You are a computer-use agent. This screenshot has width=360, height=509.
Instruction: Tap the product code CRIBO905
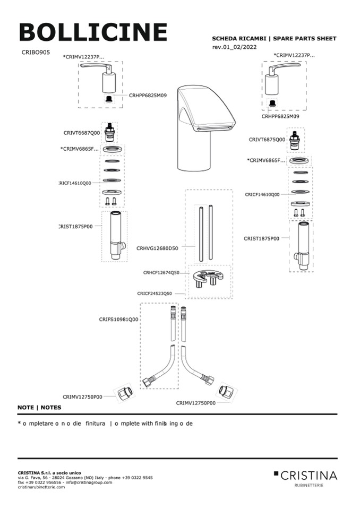pyautogui.click(x=36, y=53)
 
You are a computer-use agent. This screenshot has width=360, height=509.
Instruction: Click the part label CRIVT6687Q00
pyautogui.click(x=81, y=133)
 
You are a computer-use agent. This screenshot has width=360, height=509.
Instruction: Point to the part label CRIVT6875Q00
pyautogui.click(x=267, y=140)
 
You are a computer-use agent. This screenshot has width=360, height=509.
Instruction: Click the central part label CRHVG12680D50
pyautogui.click(x=157, y=248)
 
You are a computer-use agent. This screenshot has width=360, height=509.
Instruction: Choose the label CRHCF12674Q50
pyautogui.click(x=161, y=272)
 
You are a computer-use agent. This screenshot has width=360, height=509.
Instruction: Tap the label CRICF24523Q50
pyautogui.click(x=155, y=293)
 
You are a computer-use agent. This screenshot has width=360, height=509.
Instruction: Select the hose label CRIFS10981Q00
pyautogui.click(x=118, y=320)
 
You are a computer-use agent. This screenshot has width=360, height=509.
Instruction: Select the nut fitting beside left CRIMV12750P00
pyautogui.click(x=125, y=394)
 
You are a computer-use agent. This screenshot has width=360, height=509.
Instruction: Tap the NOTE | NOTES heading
pyautogui.click(x=39, y=408)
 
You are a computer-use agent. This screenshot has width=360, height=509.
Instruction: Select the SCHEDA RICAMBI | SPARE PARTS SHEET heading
pyautogui.click(x=274, y=39)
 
